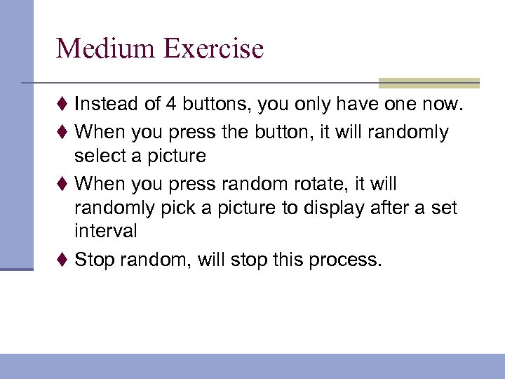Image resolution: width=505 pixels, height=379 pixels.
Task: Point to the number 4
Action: click(x=170, y=105)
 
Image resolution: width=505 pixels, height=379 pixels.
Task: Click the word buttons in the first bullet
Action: click(x=215, y=105)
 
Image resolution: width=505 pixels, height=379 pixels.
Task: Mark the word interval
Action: click(x=106, y=231)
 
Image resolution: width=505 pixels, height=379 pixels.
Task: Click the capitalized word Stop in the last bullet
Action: click(x=95, y=260)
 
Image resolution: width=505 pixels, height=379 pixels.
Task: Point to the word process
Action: click(x=348, y=260)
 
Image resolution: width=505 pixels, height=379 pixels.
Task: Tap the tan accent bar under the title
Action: click(x=429, y=84)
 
